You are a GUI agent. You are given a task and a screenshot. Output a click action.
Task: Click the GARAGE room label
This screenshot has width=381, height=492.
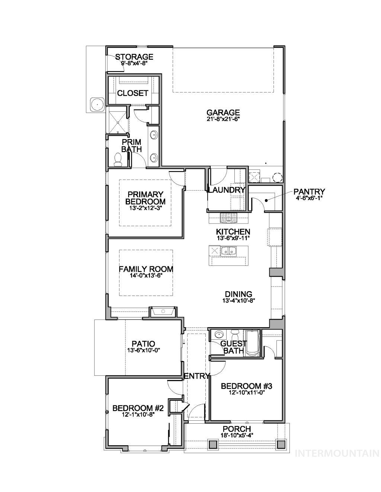(223, 113)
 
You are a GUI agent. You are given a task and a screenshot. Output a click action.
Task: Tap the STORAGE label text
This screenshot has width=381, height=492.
(134, 57)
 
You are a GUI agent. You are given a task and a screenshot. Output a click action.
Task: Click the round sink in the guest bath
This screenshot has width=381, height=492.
(218, 334)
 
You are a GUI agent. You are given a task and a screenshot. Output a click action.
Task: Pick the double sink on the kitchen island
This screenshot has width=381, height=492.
(228, 251)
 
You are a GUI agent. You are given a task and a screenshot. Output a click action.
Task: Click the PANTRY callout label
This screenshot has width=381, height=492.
(309, 192)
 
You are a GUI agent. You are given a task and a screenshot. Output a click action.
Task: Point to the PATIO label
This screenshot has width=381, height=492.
(143, 344)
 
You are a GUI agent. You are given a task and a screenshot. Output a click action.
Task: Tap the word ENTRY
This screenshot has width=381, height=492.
(197, 376)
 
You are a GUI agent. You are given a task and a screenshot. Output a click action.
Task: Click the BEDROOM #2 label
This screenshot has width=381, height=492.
(138, 408)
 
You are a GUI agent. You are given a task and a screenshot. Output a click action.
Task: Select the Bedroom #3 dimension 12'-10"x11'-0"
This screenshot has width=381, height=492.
(246, 393)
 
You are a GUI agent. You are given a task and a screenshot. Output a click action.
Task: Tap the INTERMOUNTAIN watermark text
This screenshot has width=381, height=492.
(337, 453)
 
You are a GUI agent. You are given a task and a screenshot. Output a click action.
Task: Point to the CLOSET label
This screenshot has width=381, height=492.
(132, 93)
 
